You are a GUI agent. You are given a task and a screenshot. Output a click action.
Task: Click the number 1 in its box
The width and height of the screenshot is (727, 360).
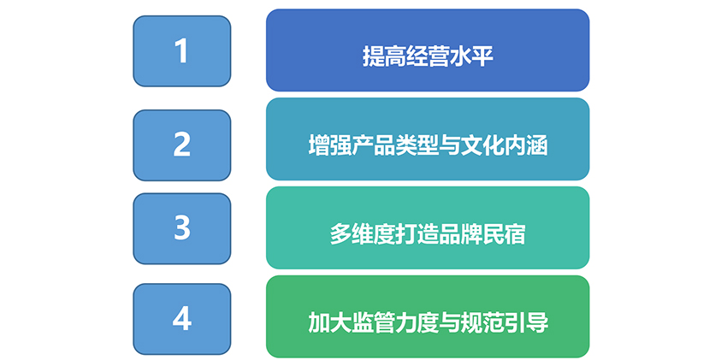click(181, 51)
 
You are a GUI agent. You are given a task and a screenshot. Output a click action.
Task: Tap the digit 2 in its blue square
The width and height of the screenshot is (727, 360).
click(181, 145)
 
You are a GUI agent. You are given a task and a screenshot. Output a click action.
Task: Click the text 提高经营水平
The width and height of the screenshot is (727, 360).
click(428, 57)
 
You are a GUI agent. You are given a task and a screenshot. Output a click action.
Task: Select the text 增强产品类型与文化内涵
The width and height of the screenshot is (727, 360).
click(428, 146)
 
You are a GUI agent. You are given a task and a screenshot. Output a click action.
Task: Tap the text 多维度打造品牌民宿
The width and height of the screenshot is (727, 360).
click(428, 234)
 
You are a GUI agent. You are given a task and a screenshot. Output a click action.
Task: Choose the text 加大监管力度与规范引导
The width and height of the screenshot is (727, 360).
click(428, 323)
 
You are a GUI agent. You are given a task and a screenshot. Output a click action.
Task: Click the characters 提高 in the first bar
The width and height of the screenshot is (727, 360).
click(384, 57)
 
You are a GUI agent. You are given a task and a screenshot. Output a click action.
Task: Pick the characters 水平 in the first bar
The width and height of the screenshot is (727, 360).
click(471, 57)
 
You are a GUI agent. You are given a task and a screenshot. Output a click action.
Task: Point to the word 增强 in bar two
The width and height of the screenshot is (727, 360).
click(329, 146)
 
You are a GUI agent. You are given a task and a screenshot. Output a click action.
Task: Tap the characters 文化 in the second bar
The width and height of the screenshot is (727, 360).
click(482, 146)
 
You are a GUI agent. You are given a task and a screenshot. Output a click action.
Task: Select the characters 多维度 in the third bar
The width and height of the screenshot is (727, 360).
click(363, 234)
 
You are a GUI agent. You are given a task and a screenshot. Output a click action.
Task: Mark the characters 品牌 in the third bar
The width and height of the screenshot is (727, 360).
click(460, 234)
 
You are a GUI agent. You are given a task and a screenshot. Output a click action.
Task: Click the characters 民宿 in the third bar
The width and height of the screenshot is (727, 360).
click(505, 234)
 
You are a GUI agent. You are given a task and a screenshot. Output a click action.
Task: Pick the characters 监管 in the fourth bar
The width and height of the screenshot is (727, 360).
click(373, 323)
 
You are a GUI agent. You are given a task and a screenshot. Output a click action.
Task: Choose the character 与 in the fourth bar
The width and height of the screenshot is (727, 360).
click(450, 323)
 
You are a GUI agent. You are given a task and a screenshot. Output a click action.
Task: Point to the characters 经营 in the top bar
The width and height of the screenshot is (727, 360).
click(428, 57)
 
